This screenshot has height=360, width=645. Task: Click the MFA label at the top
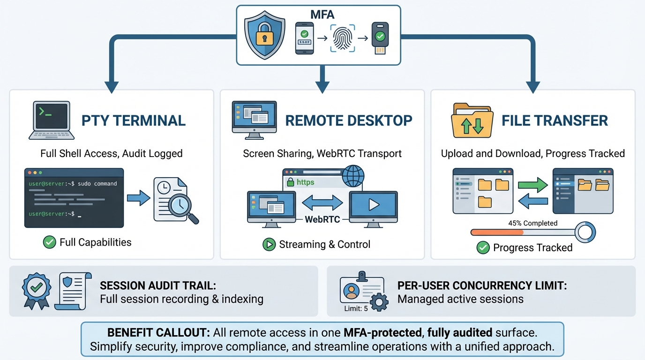322,15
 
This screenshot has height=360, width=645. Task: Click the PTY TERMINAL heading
134,120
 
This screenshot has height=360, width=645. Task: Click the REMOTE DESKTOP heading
349,120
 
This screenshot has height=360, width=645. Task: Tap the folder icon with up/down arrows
472,120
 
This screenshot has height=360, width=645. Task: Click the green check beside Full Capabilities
49,242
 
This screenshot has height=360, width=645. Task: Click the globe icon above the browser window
353,177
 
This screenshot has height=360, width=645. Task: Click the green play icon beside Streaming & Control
269,244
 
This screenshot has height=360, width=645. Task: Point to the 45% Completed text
532,223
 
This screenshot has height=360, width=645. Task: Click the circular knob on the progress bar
585,232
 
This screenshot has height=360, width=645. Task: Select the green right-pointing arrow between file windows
532,185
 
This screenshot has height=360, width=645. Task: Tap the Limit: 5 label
356,308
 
